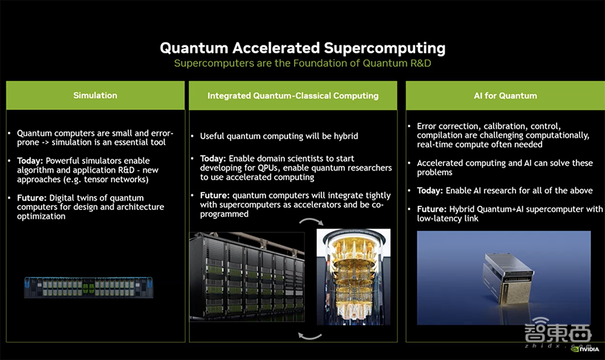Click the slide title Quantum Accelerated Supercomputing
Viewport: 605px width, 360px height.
[x=302, y=48]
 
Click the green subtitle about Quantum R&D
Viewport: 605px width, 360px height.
[x=302, y=64]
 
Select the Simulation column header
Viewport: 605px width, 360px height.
[x=96, y=96]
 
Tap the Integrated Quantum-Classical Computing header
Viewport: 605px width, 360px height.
[x=293, y=96]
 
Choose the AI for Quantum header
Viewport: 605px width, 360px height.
[x=505, y=96]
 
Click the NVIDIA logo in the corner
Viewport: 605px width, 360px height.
[x=585, y=349]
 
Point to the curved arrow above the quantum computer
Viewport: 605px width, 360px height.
[x=312, y=221]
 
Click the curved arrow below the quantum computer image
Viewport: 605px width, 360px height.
[x=310, y=336]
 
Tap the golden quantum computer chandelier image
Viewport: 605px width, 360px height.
[x=353, y=277]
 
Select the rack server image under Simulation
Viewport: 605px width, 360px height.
[x=88, y=287]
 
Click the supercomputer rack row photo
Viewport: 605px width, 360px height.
[x=247, y=277]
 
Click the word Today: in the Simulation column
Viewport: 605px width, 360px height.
[x=30, y=161]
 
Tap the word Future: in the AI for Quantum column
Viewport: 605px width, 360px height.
[x=432, y=209]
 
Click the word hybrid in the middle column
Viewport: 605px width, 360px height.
[x=346, y=136]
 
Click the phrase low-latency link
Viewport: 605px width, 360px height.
[x=448, y=218]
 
